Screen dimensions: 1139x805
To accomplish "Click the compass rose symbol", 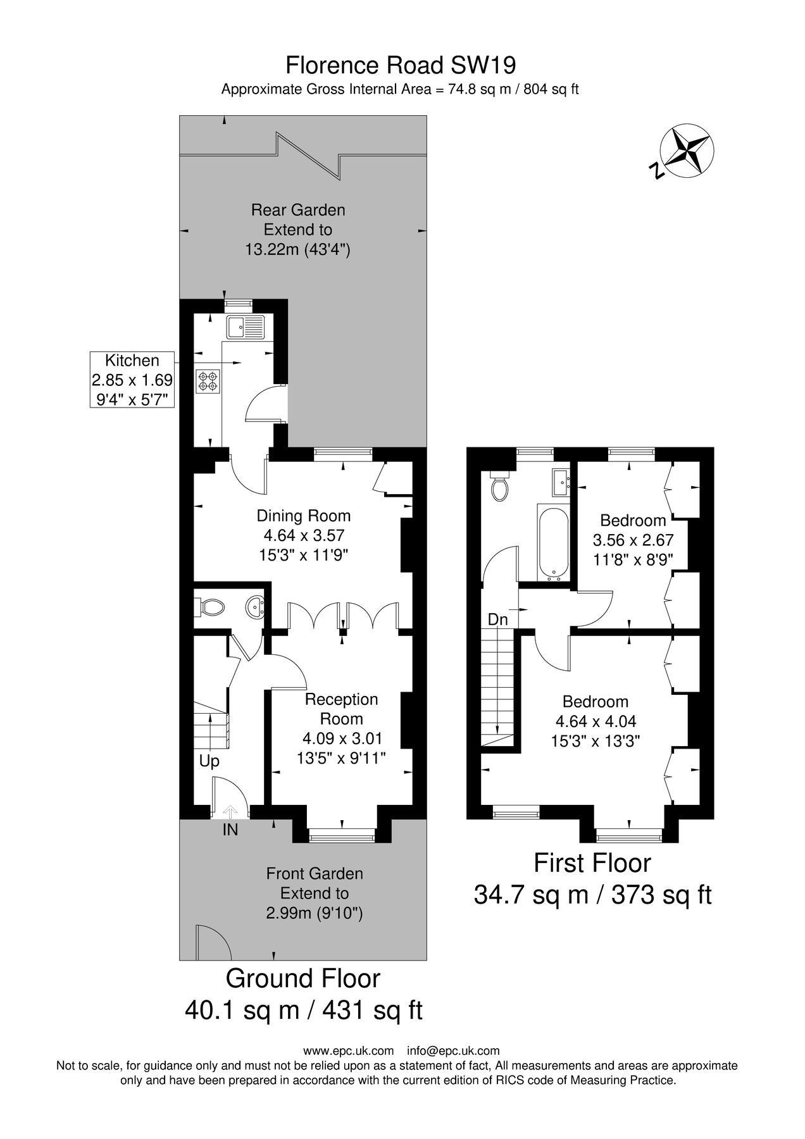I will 687,152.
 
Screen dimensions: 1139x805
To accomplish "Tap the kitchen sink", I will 246,327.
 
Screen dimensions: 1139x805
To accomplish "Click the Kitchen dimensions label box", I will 132,380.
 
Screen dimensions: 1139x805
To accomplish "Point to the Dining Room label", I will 304,516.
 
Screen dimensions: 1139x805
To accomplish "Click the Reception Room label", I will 342,709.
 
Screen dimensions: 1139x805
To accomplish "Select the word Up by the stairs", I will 209,761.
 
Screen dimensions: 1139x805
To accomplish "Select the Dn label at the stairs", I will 498,620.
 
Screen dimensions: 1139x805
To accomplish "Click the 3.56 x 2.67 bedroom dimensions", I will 633,540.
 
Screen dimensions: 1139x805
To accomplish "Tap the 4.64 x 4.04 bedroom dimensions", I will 596,721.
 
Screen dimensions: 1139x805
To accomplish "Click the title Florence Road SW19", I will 401,65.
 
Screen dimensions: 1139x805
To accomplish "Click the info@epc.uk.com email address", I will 453,1051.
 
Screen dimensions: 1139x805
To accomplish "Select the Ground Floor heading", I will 303,978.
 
